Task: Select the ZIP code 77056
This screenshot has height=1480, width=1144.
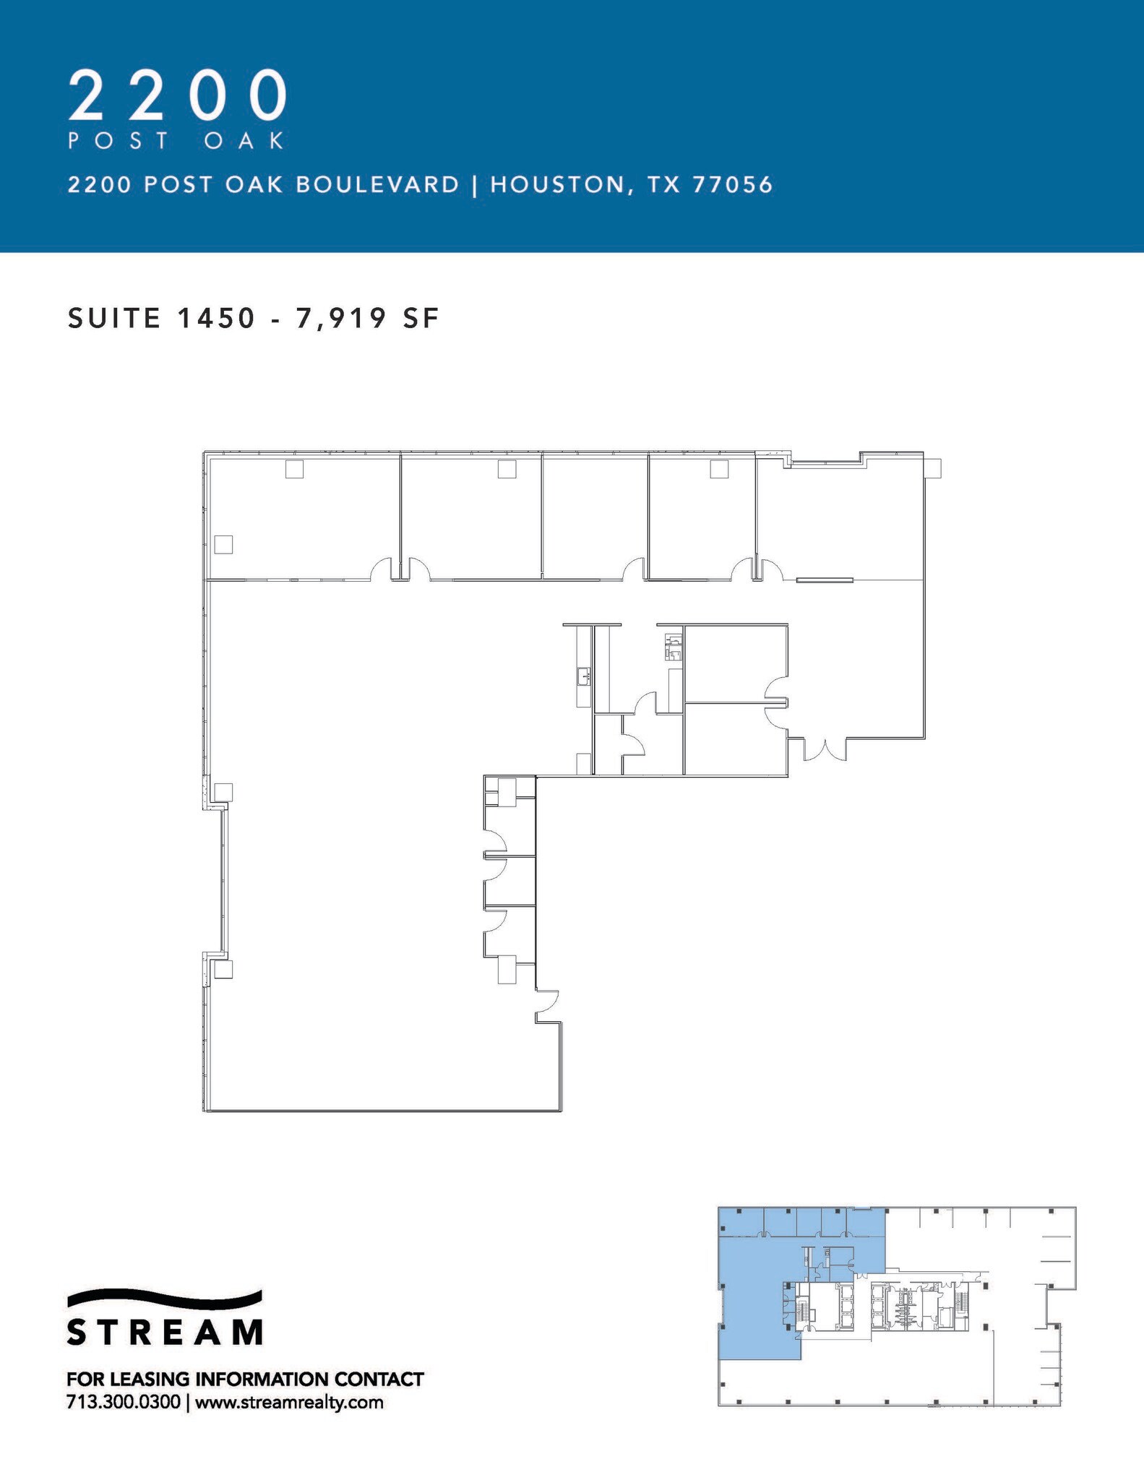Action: pos(733,185)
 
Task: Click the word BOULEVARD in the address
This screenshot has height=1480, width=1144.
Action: pos(377,185)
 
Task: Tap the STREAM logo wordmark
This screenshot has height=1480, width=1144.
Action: pos(165,1331)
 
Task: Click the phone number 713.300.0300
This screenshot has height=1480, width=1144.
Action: pos(124,1403)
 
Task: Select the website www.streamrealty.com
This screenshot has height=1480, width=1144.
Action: pos(289,1403)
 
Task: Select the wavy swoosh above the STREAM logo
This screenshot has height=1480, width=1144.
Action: pos(165,1298)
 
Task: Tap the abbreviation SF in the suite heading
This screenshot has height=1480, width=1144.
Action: pos(421,318)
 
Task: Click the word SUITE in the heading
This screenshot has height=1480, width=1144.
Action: pos(114,318)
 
